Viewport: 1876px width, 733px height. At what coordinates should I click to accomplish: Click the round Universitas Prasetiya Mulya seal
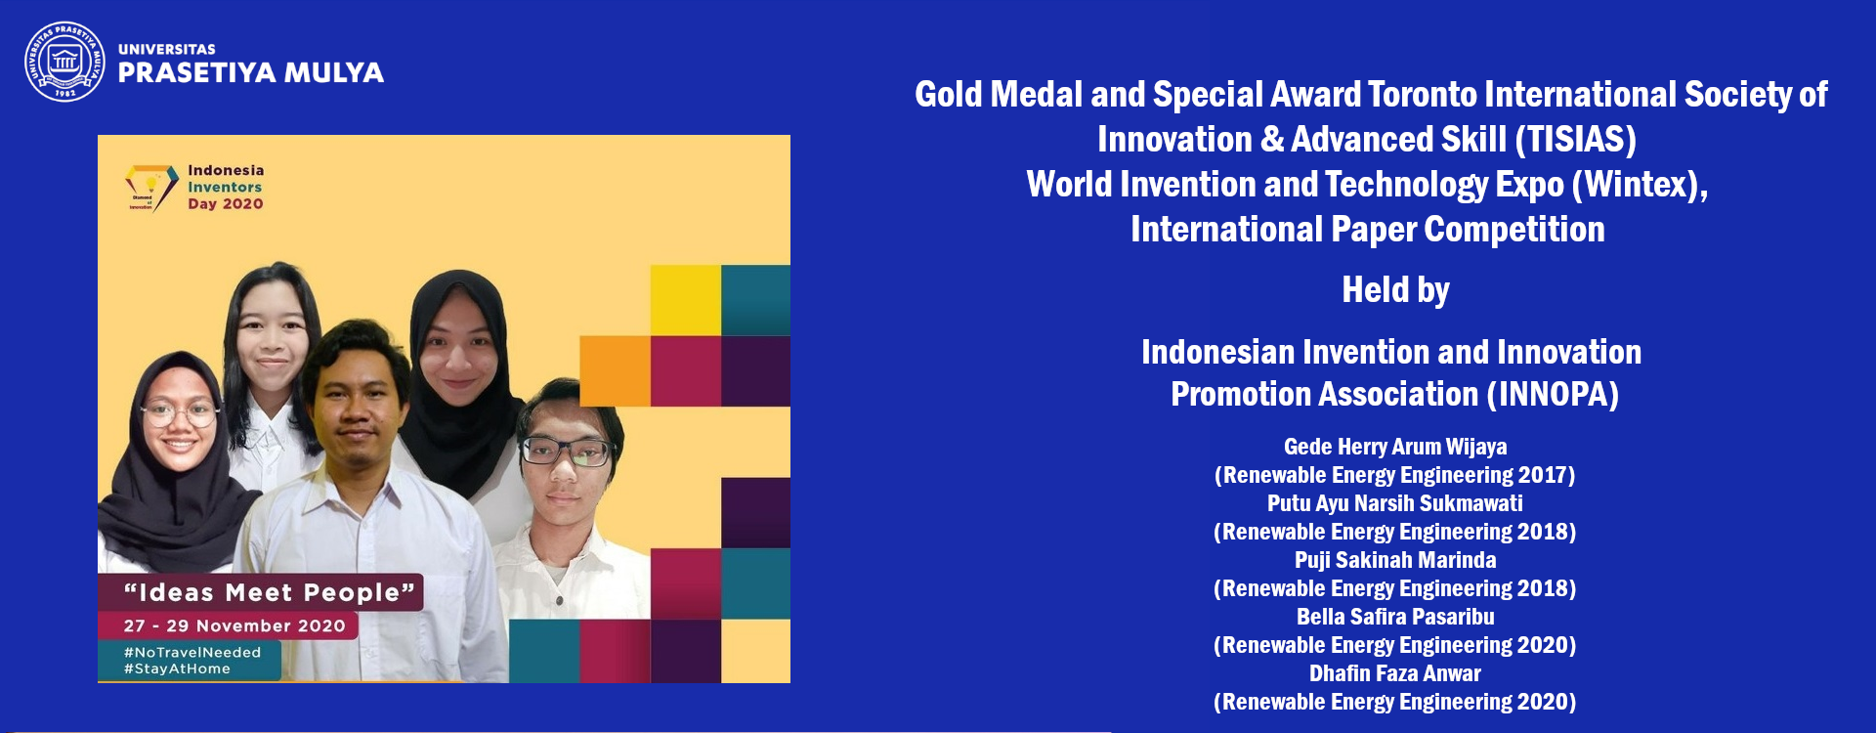coord(64,62)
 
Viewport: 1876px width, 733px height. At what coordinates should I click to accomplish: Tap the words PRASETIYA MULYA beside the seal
coord(250,73)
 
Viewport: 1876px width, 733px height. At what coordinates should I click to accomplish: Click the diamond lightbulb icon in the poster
coord(150,187)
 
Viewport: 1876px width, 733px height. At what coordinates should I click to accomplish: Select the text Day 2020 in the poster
coord(226,203)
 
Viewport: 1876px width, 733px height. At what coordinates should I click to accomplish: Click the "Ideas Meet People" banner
coord(261,592)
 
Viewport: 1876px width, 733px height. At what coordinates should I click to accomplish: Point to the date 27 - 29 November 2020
coord(234,625)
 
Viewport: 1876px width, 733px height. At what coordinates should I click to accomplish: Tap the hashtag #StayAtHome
coord(177,668)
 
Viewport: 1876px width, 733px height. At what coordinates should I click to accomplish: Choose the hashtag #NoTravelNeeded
coord(192,652)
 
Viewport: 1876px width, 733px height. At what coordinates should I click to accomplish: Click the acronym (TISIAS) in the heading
coord(1576,140)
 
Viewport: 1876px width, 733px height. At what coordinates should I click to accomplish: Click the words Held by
coord(1395,290)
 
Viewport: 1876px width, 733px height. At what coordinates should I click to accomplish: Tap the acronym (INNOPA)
coord(1553,395)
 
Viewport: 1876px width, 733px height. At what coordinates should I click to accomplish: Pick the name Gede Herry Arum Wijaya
coord(1395,447)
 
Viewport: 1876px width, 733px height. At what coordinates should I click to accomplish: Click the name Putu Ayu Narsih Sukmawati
coord(1395,503)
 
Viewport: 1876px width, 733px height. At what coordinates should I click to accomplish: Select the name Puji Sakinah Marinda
coord(1395,560)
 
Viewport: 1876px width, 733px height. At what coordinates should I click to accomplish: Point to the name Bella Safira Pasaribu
coord(1395,617)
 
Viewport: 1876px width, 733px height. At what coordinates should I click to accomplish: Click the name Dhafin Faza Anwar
coord(1395,673)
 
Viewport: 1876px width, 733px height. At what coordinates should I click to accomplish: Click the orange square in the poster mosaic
coord(616,370)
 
